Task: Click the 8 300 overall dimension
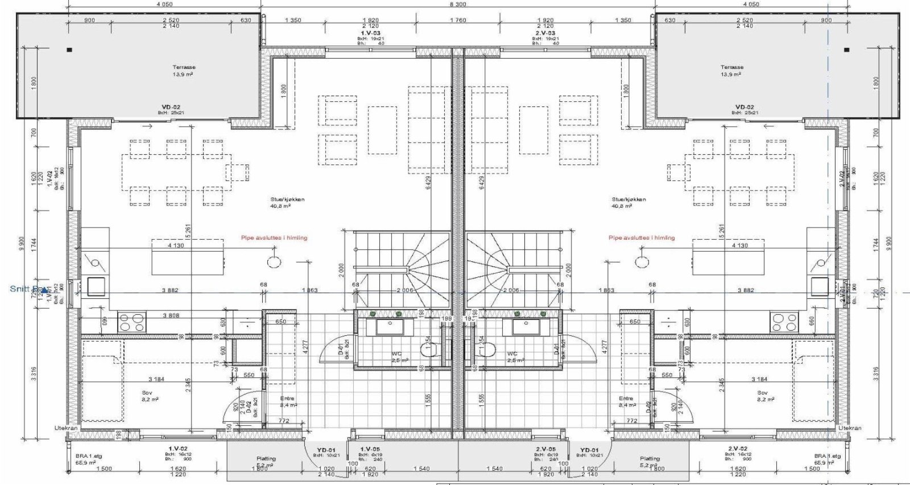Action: [x=458, y=4]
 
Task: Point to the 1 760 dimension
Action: [x=458, y=20]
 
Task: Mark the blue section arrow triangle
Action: [x=44, y=290]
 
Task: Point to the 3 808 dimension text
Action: [x=171, y=315]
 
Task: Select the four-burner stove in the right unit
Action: [x=784, y=323]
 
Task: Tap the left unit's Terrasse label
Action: [x=184, y=67]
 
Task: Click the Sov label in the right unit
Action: [x=762, y=393]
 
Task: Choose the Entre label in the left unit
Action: [x=288, y=398]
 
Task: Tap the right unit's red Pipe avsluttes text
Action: [x=642, y=238]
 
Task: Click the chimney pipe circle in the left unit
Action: [x=274, y=262]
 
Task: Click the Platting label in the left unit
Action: [x=266, y=458]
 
